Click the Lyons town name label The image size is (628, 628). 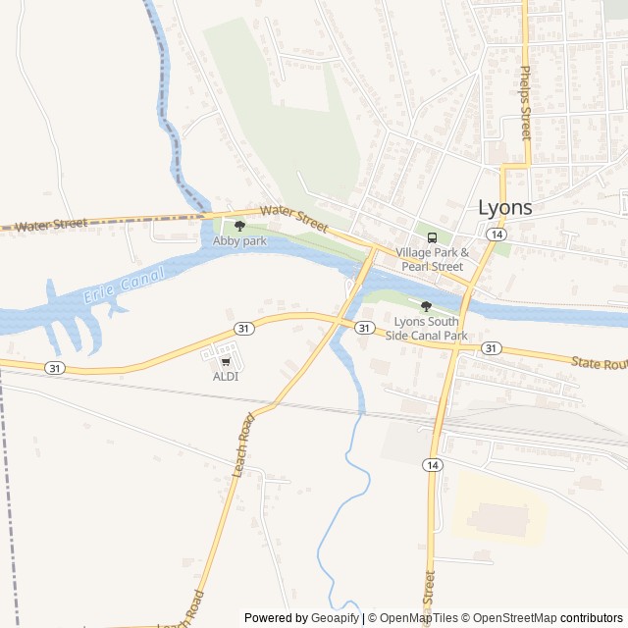[505, 207]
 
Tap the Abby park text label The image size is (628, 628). [240, 240]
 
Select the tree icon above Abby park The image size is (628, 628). [240, 226]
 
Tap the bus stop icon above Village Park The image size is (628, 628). [431, 237]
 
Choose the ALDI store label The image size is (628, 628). [226, 376]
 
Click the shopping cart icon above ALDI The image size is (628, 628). [226, 361]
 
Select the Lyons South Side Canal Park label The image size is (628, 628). [431, 328]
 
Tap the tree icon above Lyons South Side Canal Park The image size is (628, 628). [426, 307]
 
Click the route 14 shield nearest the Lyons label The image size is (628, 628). [497, 235]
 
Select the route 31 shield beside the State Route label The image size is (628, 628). [492, 348]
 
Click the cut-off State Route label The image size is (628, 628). [599, 363]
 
